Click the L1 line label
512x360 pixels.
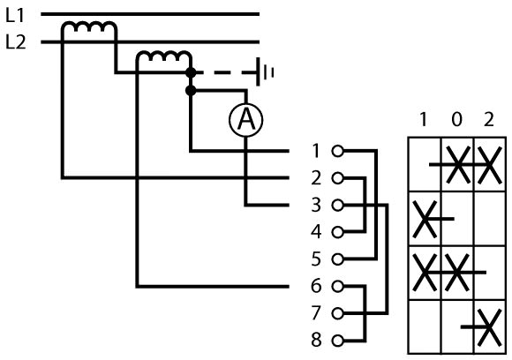point(15,15)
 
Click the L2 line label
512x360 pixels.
point(16,42)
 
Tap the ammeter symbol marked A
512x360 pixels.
point(245,120)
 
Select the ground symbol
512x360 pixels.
point(265,71)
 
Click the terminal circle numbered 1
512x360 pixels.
point(337,151)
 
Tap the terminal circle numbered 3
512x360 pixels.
point(337,206)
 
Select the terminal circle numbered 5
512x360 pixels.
point(337,259)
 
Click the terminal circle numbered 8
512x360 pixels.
point(337,341)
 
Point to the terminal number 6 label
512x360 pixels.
point(316,286)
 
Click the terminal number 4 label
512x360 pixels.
point(316,232)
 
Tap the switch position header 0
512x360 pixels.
point(456,119)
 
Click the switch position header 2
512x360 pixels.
point(489,119)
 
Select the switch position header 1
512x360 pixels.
point(424,119)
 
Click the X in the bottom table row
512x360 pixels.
point(489,327)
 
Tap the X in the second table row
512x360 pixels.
point(425,219)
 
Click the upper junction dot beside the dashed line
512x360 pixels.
point(191,72)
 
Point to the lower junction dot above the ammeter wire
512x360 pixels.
point(191,90)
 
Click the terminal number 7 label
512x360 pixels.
point(316,313)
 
